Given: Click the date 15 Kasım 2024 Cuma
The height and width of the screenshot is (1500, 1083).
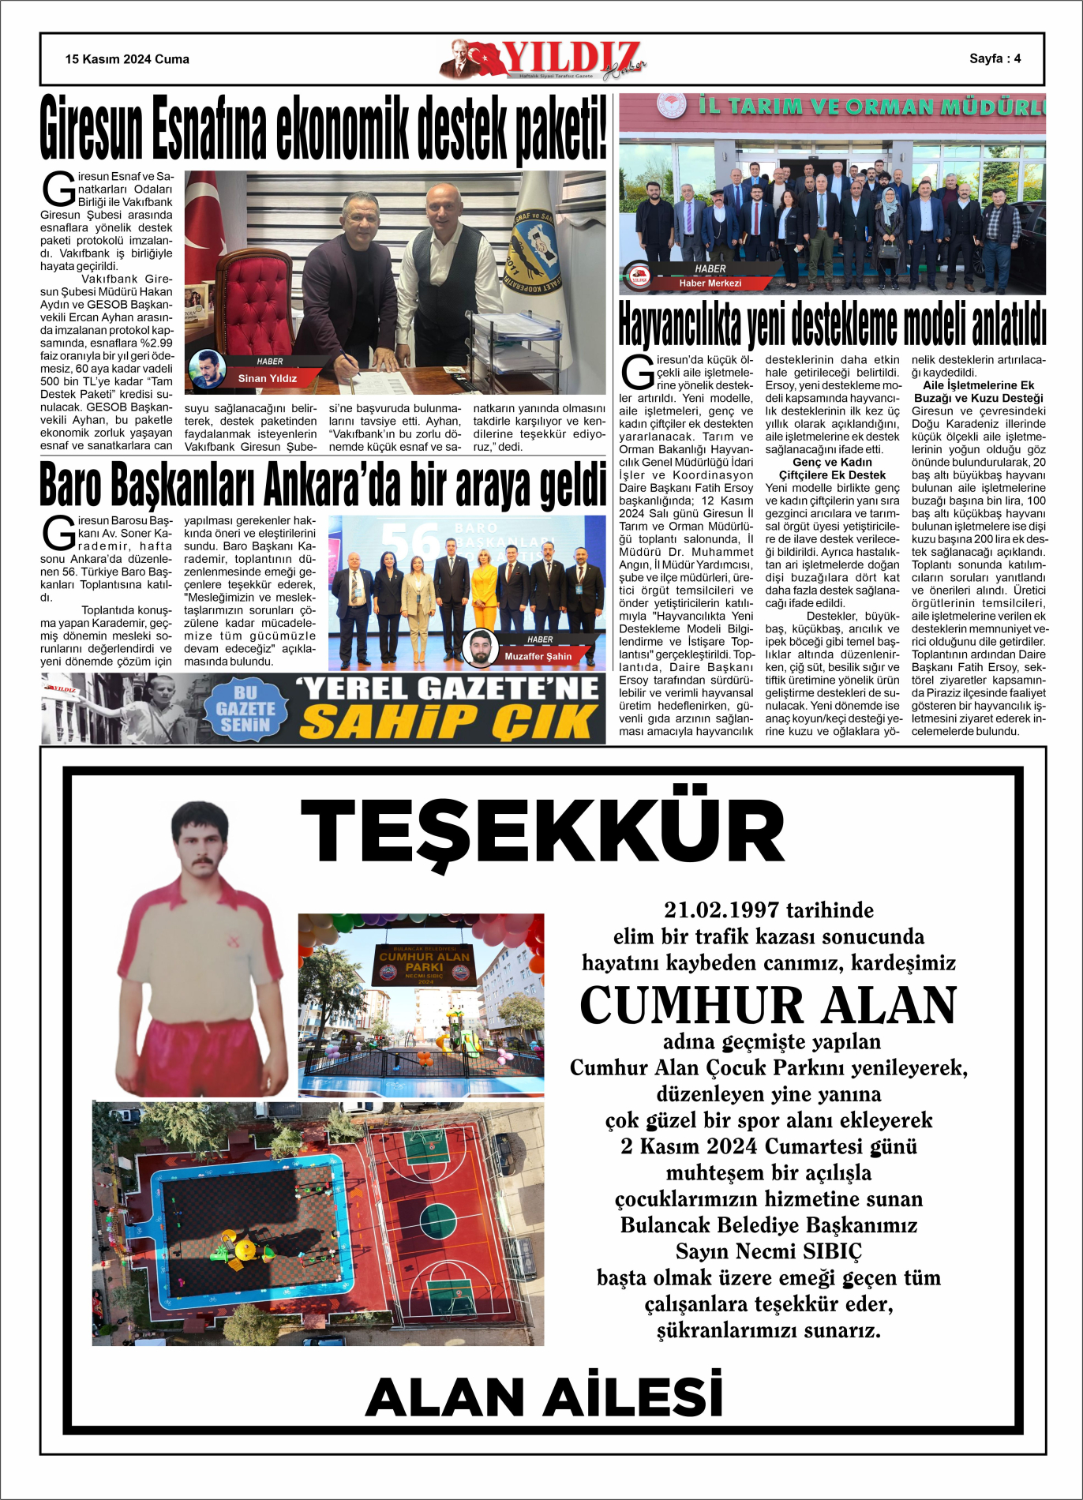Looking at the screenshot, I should [127, 59].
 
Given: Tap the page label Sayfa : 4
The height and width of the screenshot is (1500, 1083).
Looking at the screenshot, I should [995, 58].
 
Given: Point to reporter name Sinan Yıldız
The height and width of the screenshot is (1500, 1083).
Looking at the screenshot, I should [267, 378].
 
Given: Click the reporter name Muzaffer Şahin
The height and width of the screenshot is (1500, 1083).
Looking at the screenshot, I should [538, 656].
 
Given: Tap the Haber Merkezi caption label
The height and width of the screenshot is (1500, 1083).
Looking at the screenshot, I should [710, 283].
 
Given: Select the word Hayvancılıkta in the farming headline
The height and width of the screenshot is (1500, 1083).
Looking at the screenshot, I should [680, 324].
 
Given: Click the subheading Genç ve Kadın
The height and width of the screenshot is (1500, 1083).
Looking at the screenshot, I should [832, 463].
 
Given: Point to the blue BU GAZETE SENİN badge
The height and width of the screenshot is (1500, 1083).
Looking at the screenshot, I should [245, 708].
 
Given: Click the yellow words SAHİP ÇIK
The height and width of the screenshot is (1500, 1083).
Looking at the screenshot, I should [449, 722].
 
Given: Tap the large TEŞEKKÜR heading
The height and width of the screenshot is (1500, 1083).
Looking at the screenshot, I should [542, 831].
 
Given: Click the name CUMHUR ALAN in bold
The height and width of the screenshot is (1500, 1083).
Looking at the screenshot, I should [768, 1005].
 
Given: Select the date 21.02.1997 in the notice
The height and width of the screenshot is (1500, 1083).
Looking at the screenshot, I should [721, 910].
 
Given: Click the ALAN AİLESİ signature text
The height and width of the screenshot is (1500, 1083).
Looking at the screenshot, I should [544, 1396].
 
